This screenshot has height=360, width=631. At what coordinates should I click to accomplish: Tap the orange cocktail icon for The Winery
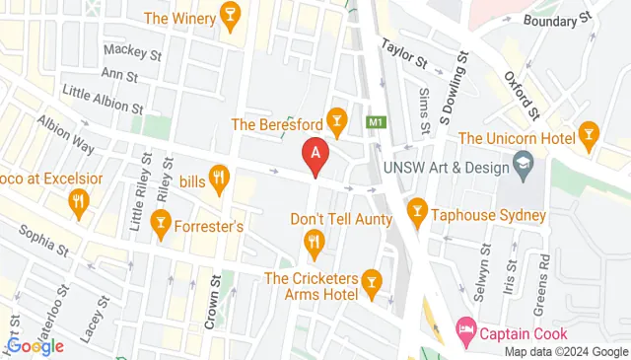[230, 14]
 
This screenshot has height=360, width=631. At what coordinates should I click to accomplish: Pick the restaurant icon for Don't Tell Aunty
[314, 241]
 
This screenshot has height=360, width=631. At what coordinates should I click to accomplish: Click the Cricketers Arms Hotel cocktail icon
[372, 283]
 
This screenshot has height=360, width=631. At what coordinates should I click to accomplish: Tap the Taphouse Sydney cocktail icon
[417, 211]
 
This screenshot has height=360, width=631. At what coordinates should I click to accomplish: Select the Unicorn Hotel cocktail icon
[590, 135]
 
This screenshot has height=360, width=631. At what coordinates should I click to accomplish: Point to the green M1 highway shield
[375, 122]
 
